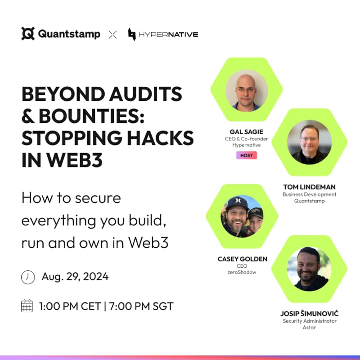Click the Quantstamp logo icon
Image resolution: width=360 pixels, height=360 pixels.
pos(28,34)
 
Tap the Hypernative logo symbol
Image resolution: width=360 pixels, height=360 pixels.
pos(132,34)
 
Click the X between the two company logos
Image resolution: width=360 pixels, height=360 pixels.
pos(112,34)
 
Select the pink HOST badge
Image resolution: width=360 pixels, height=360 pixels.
pos(246,155)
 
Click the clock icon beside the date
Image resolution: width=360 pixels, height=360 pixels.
pos(28,277)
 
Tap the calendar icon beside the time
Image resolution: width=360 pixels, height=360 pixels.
pos(27,306)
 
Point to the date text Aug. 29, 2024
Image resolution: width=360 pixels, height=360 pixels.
pos(75,277)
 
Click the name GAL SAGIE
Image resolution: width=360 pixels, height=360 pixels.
pos(246,132)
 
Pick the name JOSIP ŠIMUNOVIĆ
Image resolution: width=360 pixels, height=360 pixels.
pos(309,313)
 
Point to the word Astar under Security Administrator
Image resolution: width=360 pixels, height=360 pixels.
pos(309,327)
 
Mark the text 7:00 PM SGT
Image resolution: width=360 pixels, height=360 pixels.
pos(142,306)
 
